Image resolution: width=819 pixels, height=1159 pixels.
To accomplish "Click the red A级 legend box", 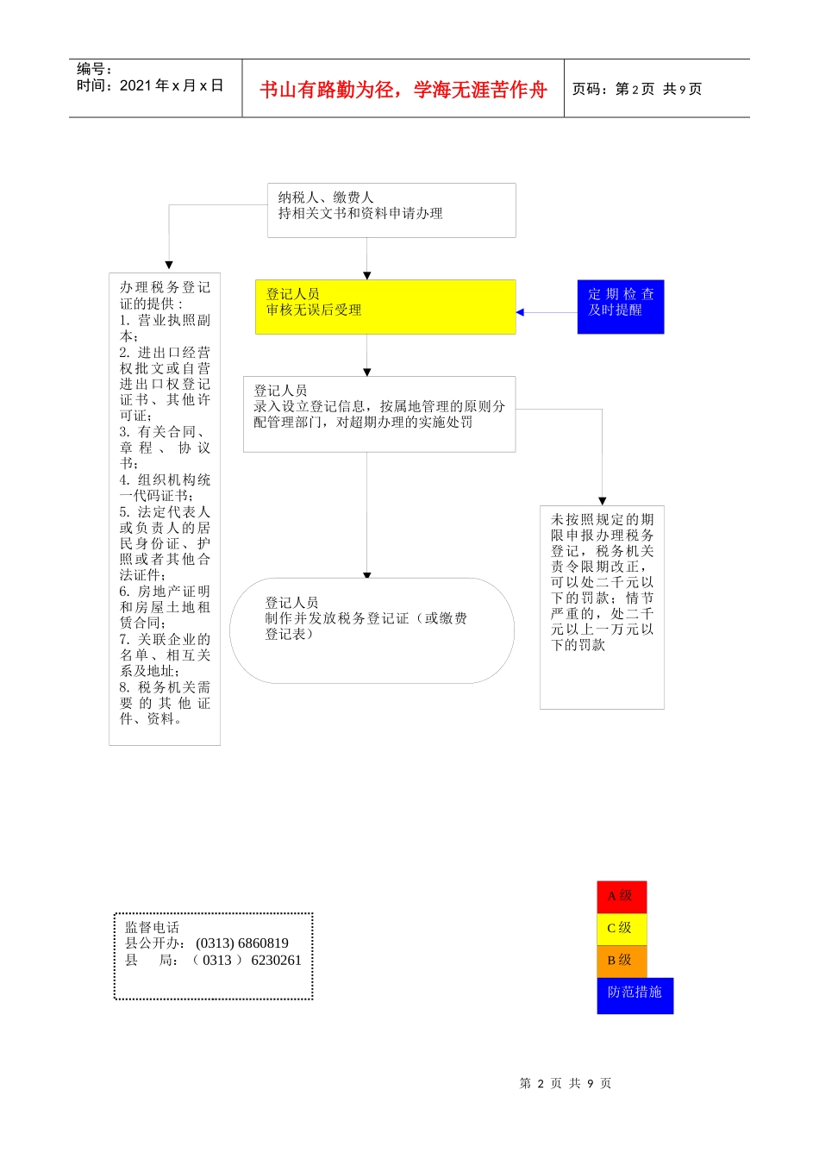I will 621,896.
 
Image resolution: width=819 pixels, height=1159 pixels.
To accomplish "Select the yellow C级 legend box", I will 621,928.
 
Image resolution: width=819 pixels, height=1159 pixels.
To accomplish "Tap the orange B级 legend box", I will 621,960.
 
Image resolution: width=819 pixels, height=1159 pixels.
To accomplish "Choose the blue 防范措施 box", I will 635,994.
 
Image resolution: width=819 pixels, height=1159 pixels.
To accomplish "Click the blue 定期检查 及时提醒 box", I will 621,306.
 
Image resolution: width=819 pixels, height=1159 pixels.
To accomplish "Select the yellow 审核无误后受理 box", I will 385,306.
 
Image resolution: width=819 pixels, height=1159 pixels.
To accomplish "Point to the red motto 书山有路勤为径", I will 403,90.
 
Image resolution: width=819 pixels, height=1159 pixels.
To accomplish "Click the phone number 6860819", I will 254,943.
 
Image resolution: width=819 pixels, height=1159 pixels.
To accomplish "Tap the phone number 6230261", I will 276,960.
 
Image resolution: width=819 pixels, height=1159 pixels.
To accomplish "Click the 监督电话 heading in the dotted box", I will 153,927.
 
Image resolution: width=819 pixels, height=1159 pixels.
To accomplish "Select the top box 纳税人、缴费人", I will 391,210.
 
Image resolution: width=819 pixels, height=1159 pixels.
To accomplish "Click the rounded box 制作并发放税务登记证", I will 372,630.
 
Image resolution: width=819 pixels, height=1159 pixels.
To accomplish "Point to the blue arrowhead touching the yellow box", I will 520,312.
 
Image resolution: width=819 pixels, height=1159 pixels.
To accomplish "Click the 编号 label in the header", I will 95,69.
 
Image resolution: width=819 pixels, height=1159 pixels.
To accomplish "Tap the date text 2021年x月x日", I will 171,85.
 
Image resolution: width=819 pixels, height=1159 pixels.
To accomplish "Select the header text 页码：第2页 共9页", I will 637,89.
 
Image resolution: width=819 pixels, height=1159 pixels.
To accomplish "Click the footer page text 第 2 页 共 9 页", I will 566,1083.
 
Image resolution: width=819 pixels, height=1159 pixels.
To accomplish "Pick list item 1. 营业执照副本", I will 164,328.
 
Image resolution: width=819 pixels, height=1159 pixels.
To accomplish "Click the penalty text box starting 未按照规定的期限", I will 602,606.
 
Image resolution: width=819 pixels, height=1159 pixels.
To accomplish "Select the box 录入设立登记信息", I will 379,414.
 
